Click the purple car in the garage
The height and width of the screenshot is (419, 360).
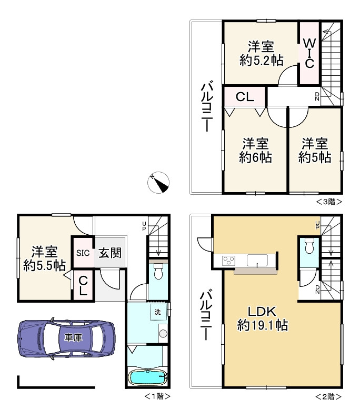click(x=66, y=338)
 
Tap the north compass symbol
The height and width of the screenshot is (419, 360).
click(x=158, y=183)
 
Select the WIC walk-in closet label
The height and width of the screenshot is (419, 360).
click(x=309, y=53)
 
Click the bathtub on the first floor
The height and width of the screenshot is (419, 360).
click(x=147, y=377)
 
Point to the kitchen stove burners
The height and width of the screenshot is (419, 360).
click(x=229, y=260)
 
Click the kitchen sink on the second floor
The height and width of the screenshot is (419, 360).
click(x=257, y=260)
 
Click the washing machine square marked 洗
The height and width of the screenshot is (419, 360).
click(x=158, y=312)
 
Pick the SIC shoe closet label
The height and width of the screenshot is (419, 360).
click(x=83, y=253)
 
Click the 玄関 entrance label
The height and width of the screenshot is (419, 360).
click(x=110, y=253)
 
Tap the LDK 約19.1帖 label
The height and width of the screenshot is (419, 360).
click(x=263, y=318)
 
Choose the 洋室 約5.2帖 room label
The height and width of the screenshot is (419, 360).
click(x=262, y=54)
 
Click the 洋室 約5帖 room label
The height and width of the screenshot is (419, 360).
click(x=315, y=151)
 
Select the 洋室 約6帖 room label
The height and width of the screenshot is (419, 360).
click(x=255, y=151)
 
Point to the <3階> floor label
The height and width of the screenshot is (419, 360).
click(x=329, y=202)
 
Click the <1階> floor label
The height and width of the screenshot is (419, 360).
click(x=157, y=396)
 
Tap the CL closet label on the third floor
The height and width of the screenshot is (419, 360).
click(x=245, y=97)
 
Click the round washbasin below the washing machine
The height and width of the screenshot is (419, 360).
click(x=163, y=333)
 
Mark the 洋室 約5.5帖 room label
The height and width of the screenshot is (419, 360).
click(x=44, y=258)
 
